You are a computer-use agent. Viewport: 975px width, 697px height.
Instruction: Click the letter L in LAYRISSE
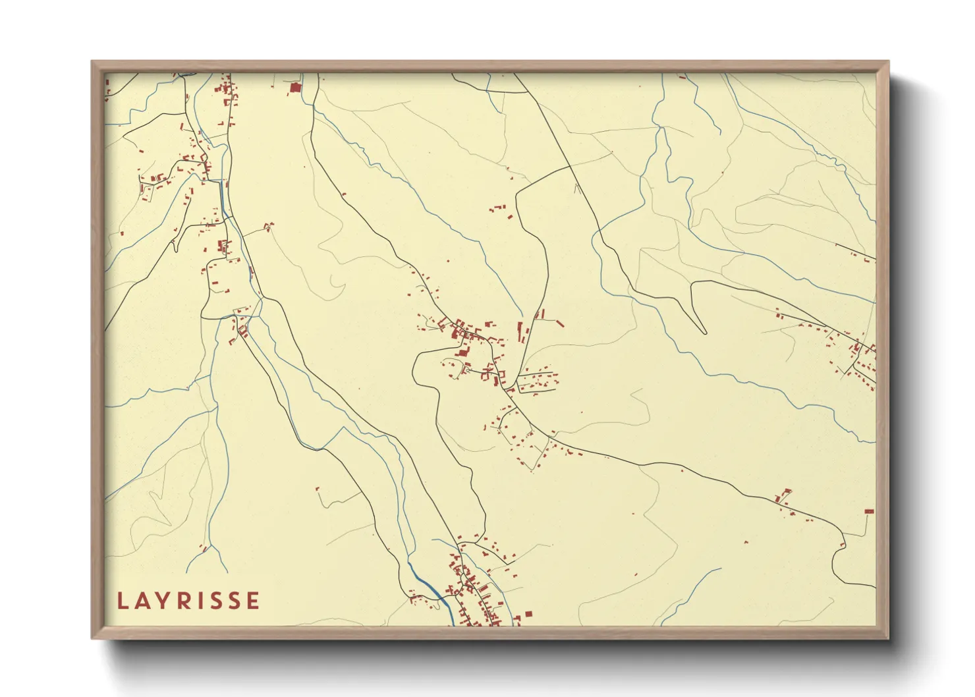coord(123,601)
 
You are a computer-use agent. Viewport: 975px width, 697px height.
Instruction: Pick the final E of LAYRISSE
coord(253,601)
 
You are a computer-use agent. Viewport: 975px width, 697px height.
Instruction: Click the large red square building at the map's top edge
coord(295,87)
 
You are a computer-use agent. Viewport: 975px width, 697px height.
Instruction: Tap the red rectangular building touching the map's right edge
coord(869,511)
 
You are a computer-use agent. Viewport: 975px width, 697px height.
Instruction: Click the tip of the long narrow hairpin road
coord(703,332)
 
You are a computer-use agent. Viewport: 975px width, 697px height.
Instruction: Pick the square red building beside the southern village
coord(528,615)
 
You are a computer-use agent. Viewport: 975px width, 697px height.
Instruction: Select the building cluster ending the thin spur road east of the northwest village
coord(268,227)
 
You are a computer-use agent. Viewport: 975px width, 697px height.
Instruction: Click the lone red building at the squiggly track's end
coord(318,489)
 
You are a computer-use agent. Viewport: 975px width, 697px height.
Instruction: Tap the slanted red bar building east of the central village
coord(559,323)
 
